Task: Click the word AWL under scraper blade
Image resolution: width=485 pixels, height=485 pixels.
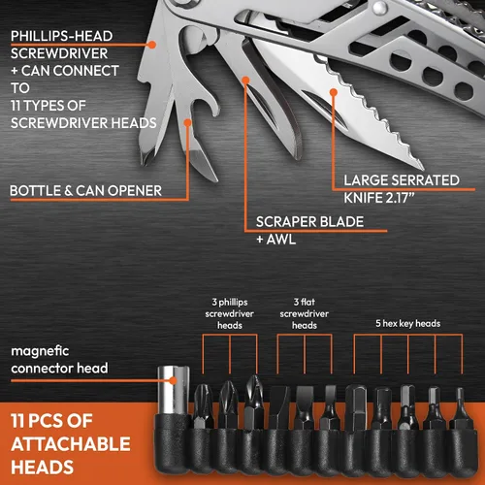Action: (x=281, y=240)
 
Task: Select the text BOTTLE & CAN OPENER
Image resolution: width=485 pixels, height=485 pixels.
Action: (x=85, y=191)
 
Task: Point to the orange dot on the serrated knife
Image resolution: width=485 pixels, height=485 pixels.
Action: (x=334, y=92)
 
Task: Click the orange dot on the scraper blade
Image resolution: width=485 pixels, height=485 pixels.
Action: (x=246, y=80)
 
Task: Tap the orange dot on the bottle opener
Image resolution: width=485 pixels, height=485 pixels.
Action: (x=187, y=122)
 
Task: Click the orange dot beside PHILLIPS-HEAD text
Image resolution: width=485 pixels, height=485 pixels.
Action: (x=152, y=45)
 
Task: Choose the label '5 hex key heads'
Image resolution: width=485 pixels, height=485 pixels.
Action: (x=408, y=323)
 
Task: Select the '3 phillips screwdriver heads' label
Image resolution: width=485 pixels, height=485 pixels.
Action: (x=230, y=313)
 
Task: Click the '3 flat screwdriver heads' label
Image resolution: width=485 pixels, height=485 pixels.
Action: (x=305, y=313)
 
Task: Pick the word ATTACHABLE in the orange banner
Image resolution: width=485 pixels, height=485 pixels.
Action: (x=71, y=444)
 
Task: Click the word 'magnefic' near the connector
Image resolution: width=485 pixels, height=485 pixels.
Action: (x=40, y=351)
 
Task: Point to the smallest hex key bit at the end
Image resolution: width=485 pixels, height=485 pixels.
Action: (x=460, y=408)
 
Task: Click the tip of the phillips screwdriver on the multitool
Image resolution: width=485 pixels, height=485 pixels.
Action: (x=145, y=162)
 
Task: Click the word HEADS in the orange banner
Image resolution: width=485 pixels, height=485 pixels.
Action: (x=43, y=468)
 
